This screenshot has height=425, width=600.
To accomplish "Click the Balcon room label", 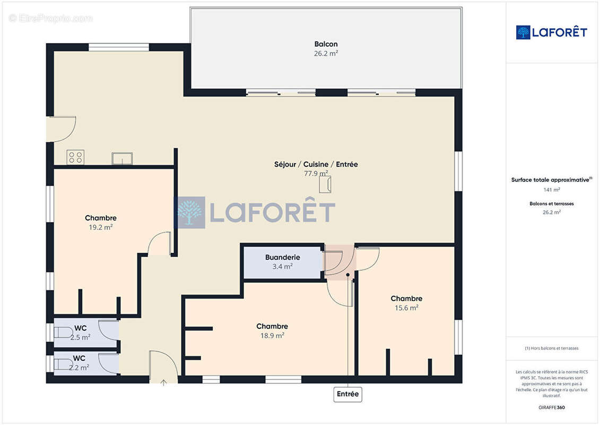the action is (x=326, y=44).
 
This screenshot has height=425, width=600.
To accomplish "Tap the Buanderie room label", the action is (x=282, y=257).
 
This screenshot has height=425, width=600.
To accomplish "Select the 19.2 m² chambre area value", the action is (x=101, y=227).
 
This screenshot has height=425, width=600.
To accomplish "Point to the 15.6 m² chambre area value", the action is (x=406, y=308).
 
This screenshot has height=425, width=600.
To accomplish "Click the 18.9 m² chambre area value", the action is (x=272, y=335).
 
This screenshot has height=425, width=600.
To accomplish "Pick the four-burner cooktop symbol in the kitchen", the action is (x=75, y=157).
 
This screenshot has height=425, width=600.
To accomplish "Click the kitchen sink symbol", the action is (x=122, y=158).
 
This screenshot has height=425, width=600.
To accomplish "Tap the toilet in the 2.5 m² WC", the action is (x=63, y=332).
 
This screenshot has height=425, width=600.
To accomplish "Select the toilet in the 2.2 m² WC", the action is (x=63, y=364).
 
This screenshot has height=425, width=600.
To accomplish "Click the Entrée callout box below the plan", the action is (x=347, y=394).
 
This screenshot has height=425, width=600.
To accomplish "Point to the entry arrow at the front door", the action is (x=163, y=382).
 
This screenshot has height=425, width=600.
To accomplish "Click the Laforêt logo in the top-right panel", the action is (x=551, y=32).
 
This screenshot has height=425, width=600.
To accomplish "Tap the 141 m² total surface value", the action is (x=551, y=190).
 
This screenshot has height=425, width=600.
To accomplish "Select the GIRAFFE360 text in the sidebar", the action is (x=551, y=407).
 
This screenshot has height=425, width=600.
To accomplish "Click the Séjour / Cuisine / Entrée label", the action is (x=316, y=164).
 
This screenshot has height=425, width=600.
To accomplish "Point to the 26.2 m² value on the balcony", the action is (x=326, y=54).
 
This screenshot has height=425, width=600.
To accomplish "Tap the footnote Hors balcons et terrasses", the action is (x=551, y=348).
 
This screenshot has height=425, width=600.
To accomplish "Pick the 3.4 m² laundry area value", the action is (x=282, y=266).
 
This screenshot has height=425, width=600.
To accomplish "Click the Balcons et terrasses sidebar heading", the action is (x=551, y=204).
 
